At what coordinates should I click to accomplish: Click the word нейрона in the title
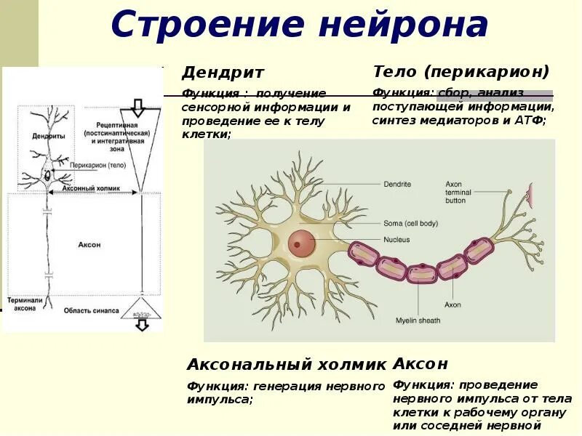point(403,25)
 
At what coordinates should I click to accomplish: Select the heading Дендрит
point(223,73)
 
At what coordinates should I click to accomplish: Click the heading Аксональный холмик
point(287,364)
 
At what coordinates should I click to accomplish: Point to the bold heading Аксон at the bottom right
point(420,363)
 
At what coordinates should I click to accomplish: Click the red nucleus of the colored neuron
point(302,243)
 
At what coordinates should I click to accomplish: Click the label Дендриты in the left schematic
point(49,136)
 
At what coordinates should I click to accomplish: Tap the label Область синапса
point(91,310)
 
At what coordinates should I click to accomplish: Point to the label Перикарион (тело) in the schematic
point(98,165)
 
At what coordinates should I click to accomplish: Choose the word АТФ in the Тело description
point(533,120)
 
